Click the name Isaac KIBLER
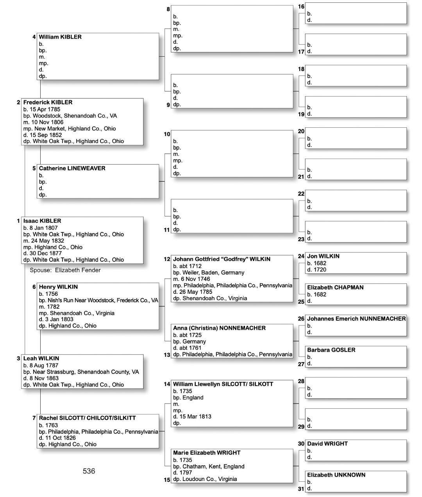coord(42,221)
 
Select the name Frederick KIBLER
coord(48,102)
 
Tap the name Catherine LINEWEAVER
coord(72,168)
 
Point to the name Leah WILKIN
coord(41,358)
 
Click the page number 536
coord(89,471)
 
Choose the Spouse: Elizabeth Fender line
coord(65,270)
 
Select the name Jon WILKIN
coord(323,256)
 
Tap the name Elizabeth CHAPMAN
coord(335,288)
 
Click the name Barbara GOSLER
coord(331,350)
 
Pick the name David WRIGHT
coord(327,444)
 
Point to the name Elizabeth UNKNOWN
coord(336,475)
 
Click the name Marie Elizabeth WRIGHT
coord(207,453)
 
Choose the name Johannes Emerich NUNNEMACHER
coord(356,319)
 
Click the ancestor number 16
coord(301,7)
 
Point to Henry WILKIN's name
coord(58,287)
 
